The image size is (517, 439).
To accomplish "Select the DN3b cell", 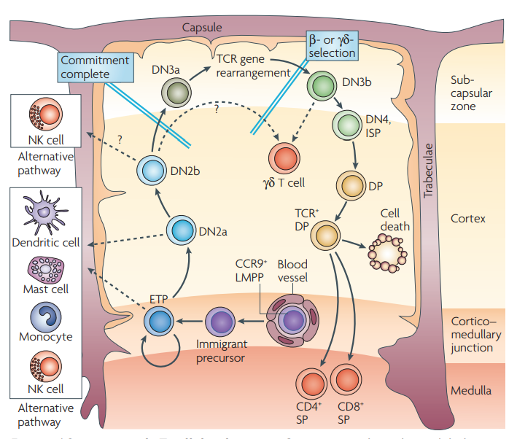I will coord(320,85).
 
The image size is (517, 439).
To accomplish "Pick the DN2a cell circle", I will coord(181,231).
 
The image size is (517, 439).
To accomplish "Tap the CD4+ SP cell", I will coord(311,383).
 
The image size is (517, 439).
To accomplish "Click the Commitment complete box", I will coord(95,67).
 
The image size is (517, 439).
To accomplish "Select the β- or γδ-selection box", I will coord(332,45).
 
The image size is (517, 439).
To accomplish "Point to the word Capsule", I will coord(202,28).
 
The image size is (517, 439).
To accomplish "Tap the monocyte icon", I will coord(44,318).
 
